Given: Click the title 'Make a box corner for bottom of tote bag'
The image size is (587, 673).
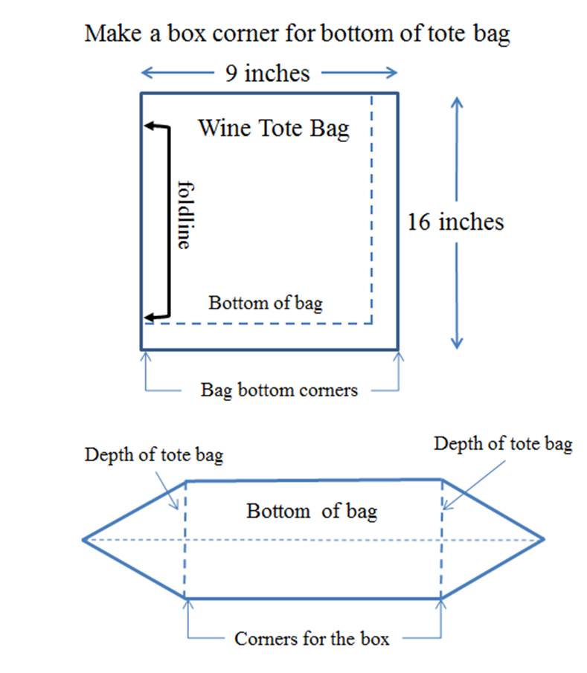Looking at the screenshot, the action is point(297,34).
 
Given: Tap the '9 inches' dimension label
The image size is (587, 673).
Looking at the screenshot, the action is point(268,74).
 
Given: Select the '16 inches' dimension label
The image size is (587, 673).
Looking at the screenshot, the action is point(455,222).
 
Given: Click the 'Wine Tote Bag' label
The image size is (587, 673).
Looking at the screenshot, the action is point(274,129).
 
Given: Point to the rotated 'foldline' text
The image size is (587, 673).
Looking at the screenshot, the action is point(185,215).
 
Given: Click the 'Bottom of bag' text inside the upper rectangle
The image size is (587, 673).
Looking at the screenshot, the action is point(266,303).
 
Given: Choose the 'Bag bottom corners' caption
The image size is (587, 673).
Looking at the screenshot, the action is point(279,390).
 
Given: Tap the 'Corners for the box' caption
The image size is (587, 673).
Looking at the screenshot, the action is point(312,639).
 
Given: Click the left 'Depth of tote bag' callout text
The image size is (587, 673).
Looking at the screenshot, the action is point(154,455).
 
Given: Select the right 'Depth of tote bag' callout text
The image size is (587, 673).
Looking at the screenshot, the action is point(503,444).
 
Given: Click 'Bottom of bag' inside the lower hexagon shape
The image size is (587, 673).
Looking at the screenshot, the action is point(312,511).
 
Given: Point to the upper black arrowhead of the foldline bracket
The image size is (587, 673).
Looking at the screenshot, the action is point(149,126).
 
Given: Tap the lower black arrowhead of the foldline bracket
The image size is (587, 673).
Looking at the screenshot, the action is point(149,318).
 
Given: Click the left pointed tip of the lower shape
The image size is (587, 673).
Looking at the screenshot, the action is point(83,540).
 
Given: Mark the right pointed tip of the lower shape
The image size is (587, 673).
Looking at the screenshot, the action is point(544,539).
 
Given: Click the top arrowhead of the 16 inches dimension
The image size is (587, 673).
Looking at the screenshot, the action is point(457,100).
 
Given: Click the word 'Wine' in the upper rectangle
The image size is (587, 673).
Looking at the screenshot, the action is point(224,128).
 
